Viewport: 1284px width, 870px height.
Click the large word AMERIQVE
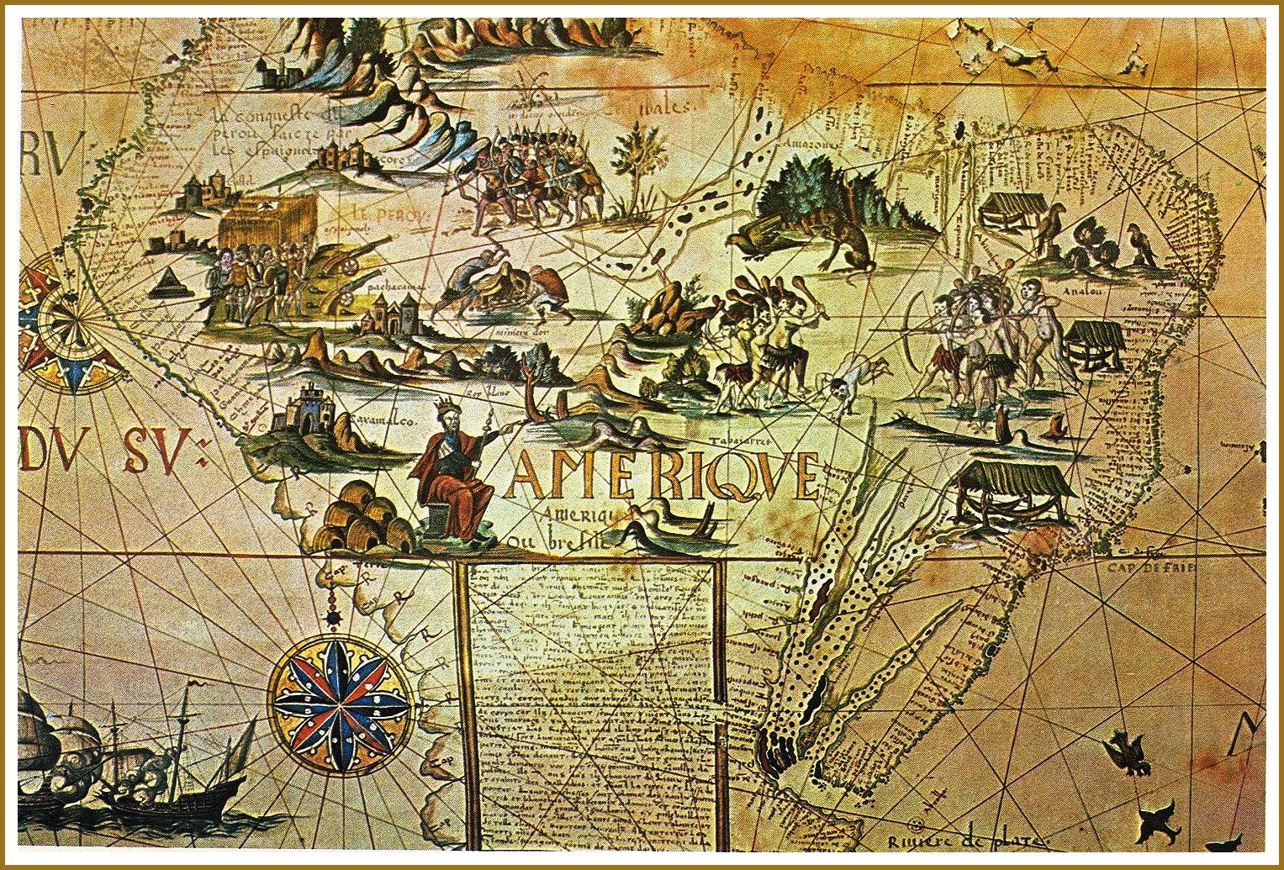[663, 476]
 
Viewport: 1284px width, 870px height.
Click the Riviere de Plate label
[967, 841]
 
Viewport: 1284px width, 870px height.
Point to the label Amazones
[811, 144]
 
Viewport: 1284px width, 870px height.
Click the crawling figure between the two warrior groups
[853, 378]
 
